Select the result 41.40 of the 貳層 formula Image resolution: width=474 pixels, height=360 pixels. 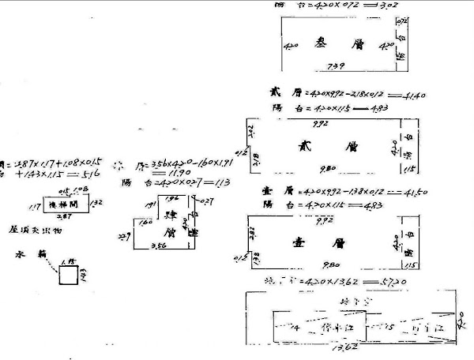412,96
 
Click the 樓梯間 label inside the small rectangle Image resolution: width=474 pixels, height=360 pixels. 66,203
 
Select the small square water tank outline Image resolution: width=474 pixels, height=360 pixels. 66,276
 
